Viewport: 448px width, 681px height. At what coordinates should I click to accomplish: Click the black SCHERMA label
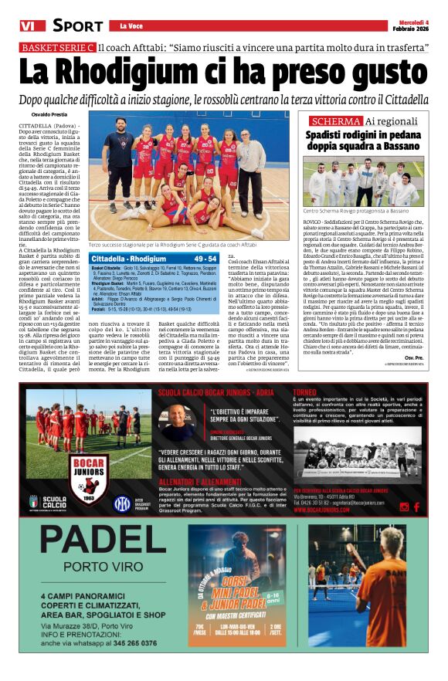tap(334, 121)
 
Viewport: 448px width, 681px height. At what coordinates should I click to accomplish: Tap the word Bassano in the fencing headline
tap(394, 145)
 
